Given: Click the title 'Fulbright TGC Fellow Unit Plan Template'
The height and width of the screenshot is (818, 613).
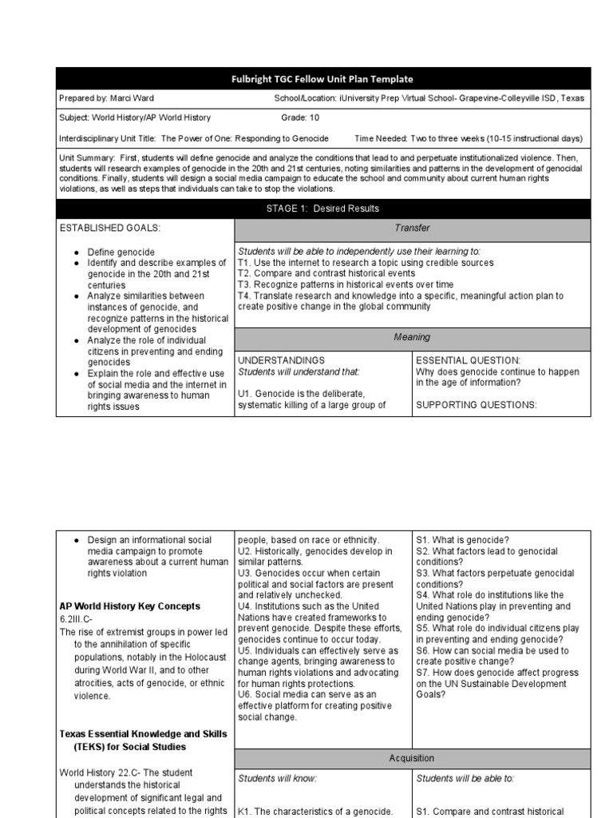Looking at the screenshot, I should point(322,79).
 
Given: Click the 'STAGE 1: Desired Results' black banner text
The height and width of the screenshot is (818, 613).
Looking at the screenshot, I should point(322,208).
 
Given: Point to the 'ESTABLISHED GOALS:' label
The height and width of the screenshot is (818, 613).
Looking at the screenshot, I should point(110,228).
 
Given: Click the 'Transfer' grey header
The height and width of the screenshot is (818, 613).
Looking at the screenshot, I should point(411,228).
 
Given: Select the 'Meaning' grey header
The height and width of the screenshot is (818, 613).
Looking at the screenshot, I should point(411,337).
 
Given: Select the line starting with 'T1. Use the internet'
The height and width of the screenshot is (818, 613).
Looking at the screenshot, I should point(366,263).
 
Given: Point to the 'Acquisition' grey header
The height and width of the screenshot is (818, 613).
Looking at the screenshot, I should point(411,758).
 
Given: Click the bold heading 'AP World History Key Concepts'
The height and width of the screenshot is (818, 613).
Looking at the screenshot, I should point(130,606).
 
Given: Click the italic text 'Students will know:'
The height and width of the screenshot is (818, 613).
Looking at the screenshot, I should point(277,778).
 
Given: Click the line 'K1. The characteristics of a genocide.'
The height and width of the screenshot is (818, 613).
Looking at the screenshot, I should point(315,812).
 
